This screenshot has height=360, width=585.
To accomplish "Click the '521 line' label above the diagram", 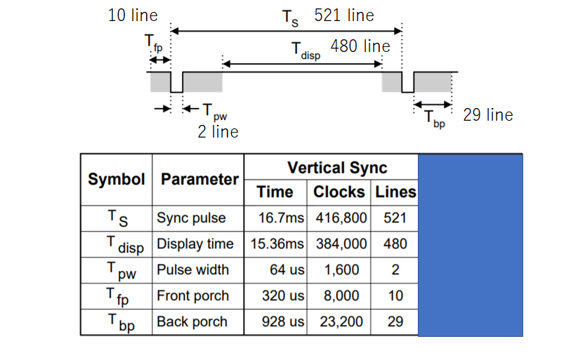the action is point(344,15).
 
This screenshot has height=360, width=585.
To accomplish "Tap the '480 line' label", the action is point(360,46).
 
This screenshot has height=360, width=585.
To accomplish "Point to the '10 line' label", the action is point(133,15).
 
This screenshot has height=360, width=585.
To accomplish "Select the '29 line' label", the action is point(488,115).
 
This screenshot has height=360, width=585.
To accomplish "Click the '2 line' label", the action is point(218,131).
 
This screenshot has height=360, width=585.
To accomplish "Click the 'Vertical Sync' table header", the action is point(337,168).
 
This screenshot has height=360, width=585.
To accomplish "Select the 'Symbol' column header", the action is point(117,179).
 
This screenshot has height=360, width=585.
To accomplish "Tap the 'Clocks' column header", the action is point(338,192).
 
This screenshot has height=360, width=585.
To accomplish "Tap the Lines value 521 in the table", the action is point(395,218).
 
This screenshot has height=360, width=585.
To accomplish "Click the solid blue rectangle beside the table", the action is point(471,245).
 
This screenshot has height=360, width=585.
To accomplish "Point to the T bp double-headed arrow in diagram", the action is point(433,105).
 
